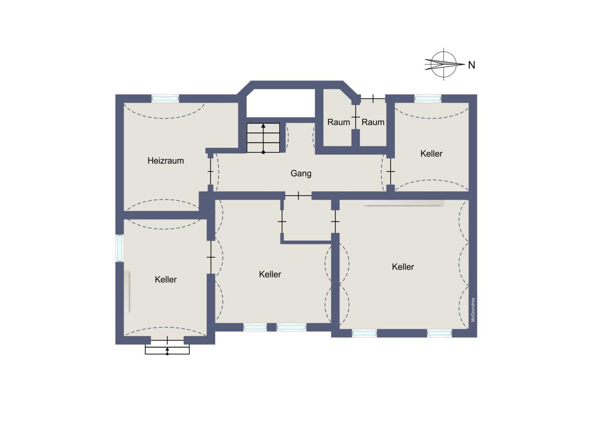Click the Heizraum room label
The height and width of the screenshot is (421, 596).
click(165, 160)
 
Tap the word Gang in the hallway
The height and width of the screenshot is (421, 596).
click(301, 174)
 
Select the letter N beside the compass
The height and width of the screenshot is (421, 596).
click(472, 65)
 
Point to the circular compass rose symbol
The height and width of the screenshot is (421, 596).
click(444, 64)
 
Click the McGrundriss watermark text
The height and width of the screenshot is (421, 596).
click(473, 310)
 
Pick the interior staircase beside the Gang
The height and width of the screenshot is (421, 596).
click(263, 138)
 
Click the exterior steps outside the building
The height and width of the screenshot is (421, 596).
click(167, 349)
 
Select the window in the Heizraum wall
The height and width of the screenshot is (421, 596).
click(165, 99)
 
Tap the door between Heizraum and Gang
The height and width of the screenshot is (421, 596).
click(210, 172)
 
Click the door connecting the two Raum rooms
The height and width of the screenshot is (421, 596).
click(355, 117)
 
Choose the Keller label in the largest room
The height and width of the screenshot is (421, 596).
click(403, 267)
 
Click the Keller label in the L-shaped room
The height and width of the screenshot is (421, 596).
click(270, 274)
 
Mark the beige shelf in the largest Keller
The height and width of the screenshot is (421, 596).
click(404, 203)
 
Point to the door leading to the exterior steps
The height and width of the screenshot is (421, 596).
click(167, 340)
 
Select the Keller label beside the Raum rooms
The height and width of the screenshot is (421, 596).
click(431, 154)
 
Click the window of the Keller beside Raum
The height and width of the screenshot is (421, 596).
click(428, 99)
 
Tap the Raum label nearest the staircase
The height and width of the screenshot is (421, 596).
click(339, 122)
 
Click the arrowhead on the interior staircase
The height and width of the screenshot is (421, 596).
click(264, 126)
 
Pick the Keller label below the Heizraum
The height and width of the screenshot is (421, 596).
click(165, 279)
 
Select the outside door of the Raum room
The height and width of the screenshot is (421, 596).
click(373, 99)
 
